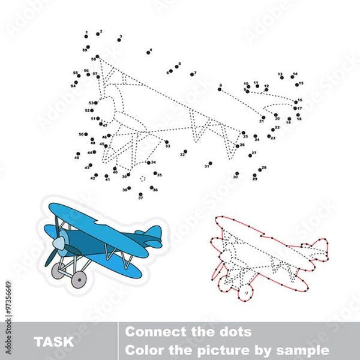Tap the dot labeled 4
147,53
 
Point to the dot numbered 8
220,90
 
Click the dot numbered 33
166,142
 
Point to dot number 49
80,153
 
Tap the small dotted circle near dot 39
142,178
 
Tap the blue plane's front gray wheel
78,278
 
